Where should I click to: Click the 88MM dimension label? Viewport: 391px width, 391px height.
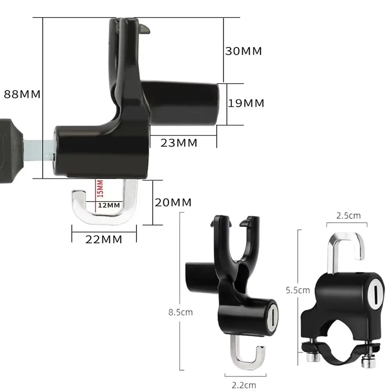(22, 94)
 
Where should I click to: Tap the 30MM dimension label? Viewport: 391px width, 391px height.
(244, 51)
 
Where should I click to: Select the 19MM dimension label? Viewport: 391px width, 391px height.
(246, 103)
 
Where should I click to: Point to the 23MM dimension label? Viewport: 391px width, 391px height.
(179, 143)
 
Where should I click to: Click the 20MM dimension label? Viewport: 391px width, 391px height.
(173, 203)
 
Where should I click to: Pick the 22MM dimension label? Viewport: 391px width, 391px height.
(104, 239)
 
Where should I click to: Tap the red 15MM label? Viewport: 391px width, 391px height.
(100, 189)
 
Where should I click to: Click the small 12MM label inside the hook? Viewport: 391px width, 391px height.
(109, 205)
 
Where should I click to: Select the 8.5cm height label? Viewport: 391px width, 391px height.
(181, 312)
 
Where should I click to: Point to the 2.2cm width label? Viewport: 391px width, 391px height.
(244, 385)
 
